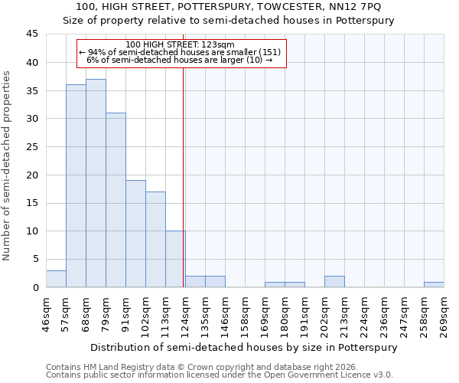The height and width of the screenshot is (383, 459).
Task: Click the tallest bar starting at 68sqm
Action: click(x=96, y=183)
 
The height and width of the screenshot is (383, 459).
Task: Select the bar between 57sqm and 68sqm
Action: click(x=76, y=186)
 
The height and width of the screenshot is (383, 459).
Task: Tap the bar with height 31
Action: click(x=116, y=200)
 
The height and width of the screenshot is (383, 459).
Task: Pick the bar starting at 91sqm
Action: click(x=135, y=234)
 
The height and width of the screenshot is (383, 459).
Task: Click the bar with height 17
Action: click(x=155, y=240)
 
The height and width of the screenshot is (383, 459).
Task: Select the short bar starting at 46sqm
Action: click(x=56, y=279)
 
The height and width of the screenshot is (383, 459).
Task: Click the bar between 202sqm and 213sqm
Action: click(x=334, y=282)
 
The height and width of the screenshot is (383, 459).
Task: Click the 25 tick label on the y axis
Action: click(x=31, y=147)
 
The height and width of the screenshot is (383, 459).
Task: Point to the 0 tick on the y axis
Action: click(x=34, y=288)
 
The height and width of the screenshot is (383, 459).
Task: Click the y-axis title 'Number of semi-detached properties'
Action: click(x=8, y=165)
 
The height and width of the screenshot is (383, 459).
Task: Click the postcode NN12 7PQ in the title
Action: click(x=361, y=7)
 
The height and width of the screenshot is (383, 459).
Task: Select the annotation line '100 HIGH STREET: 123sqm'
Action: click(x=181, y=45)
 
